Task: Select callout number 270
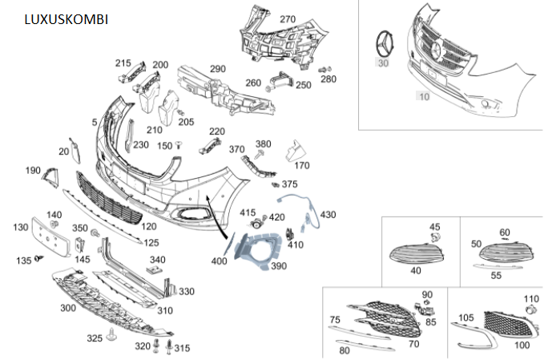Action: coord(288,19)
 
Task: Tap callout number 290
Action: coord(218,69)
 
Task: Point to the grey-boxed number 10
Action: coord(423,96)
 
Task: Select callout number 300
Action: coord(68,308)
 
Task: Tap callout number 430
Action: coord(328,215)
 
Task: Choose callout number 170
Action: coord(301,166)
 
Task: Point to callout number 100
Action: coord(522,346)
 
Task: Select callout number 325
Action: coord(95,338)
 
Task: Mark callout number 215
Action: coord(123,63)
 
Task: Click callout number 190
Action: coord(33,171)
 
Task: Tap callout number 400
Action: coord(219,262)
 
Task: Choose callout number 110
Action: coord(531,299)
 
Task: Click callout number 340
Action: coord(158,260)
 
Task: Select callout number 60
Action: coord(504,233)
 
